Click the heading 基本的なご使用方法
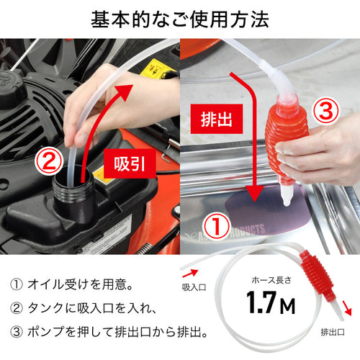[x=180, y=19]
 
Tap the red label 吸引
[x=130, y=163]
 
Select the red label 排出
[x=217, y=119]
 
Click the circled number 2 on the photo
[x=49, y=161]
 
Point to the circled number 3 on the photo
[x=325, y=111]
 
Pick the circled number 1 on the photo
[x=217, y=225]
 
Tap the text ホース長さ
[x=271, y=280]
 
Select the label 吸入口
[x=194, y=287]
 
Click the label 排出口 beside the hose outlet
[x=333, y=332]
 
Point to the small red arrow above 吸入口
[x=190, y=273]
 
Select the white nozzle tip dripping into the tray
[x=287, y=196]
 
